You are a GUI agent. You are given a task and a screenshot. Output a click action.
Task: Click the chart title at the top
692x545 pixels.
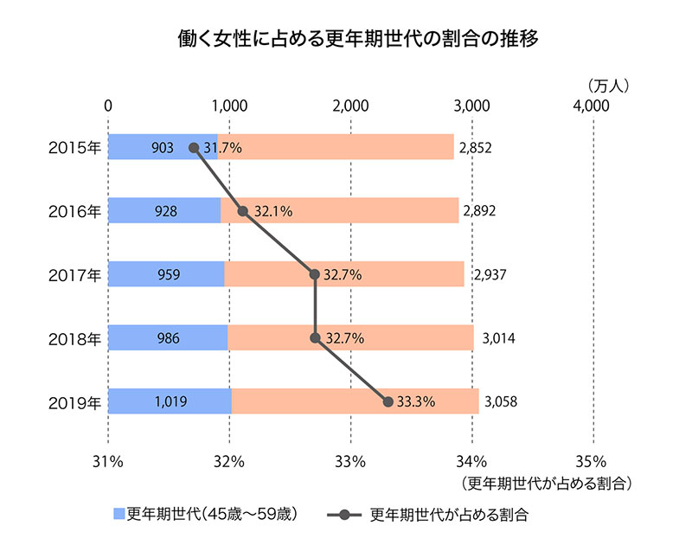point(345,40)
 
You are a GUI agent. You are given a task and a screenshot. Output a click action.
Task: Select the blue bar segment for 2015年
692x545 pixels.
point(151,147)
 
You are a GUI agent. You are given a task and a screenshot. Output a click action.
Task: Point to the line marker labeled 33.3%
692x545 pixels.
point(388,401)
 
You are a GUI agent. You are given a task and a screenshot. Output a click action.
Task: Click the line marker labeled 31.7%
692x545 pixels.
point(194,148)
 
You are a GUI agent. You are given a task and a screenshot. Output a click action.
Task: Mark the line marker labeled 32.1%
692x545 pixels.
point(243,211)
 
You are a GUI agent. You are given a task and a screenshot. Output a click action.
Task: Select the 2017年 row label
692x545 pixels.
point(75,274)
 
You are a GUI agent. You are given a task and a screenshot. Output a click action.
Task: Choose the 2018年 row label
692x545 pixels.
point(75,338)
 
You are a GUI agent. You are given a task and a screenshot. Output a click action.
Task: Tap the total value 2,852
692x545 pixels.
point(476,148)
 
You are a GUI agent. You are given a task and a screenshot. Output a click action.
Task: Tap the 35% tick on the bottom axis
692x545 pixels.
point(593,459)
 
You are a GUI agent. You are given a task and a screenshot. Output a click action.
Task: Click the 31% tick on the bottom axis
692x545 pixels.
point(108,459)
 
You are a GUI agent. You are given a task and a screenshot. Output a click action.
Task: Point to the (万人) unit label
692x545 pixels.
point(612,86)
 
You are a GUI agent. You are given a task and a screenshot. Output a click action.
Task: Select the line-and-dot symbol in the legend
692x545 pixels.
point(344,515)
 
